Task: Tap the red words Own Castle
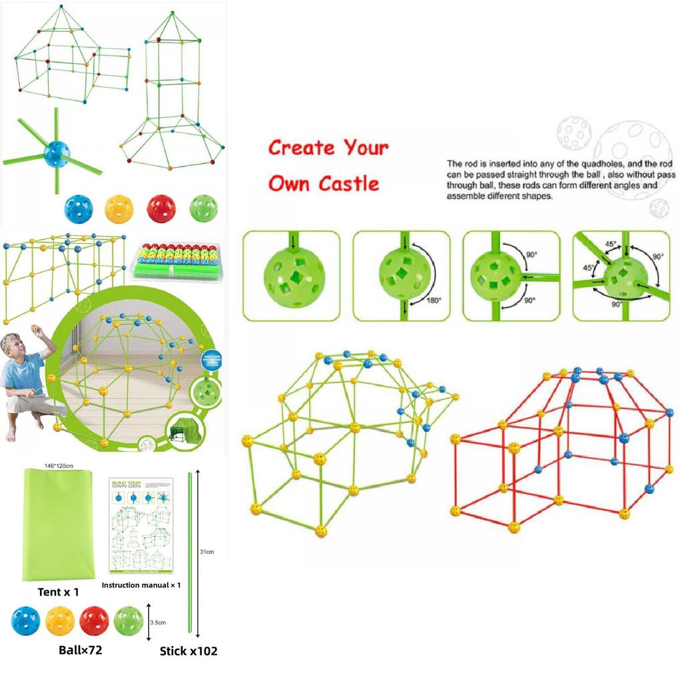(324, 182)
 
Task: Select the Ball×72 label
(79, 649)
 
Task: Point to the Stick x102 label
(188, 651)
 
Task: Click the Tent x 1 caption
(59, 591)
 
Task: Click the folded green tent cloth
(60, 523)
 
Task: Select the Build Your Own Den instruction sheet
(143, 525)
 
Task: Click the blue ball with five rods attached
(56, 154)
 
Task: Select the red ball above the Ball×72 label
(94, 621)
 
